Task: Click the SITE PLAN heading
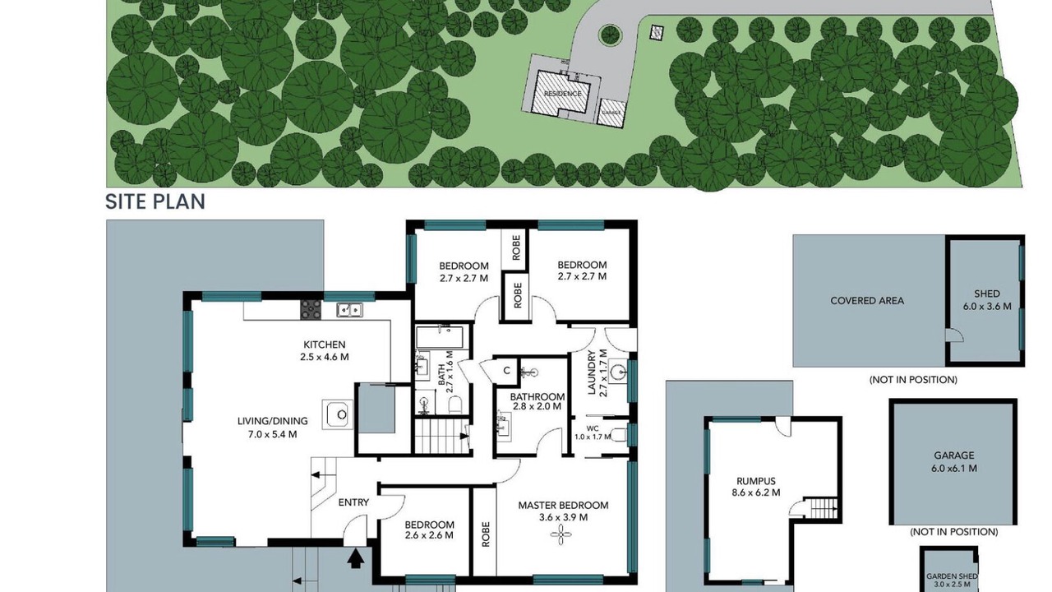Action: (155, 201)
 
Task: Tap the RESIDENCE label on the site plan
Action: (562, 94)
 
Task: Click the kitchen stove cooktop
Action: (311, 310)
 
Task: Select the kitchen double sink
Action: (349, 310)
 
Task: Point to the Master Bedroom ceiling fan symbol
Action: (561, 534)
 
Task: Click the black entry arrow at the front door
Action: (356, 558)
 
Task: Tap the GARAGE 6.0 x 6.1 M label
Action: (954, 461)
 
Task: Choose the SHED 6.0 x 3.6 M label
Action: (987, 300)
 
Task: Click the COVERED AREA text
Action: (867, 301)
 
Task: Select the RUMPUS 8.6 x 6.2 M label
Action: (756, 487)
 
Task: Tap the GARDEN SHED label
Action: (952, 576)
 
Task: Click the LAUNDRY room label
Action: (591, 372)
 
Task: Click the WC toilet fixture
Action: (620, 436)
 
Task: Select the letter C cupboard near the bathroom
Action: (506, 371)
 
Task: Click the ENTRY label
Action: (353, 502)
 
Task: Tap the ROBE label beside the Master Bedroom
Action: (486, 534)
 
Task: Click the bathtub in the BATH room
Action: (440, 337)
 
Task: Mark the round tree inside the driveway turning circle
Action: (610, 35)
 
